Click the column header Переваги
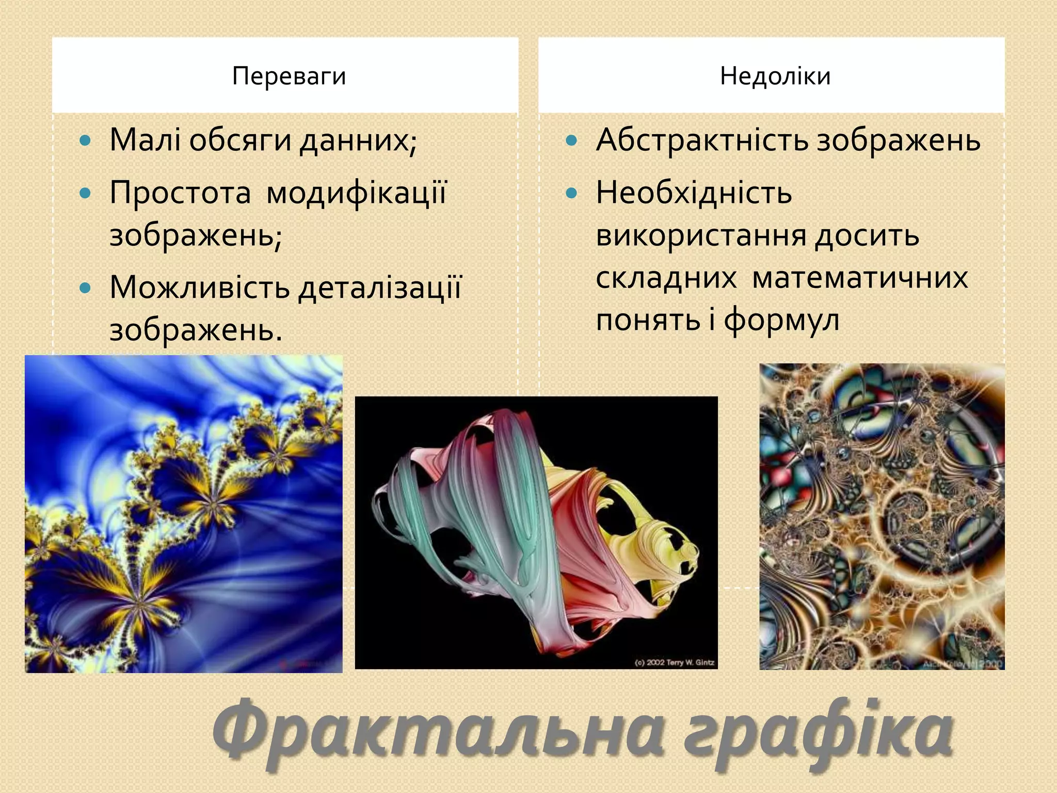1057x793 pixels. click(x=289, y=76)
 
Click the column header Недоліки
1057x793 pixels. click(x=775, y=76)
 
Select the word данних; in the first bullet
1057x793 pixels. click(x=358, y=141)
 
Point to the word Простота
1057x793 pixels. click(x=180, y=193)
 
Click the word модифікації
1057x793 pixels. click(x=357, y=194)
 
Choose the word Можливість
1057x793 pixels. click(x=199, y=287)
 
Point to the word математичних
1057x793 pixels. click(x=860, y=278)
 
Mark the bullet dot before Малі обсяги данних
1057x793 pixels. click(x=86, y=140)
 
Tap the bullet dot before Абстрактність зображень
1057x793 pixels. click(x=571, y=140)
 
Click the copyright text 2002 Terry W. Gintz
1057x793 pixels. click(x=675, y=662)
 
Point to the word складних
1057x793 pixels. click(x=666, y=278)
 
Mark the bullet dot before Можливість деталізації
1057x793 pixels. click(x=86, y=287)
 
